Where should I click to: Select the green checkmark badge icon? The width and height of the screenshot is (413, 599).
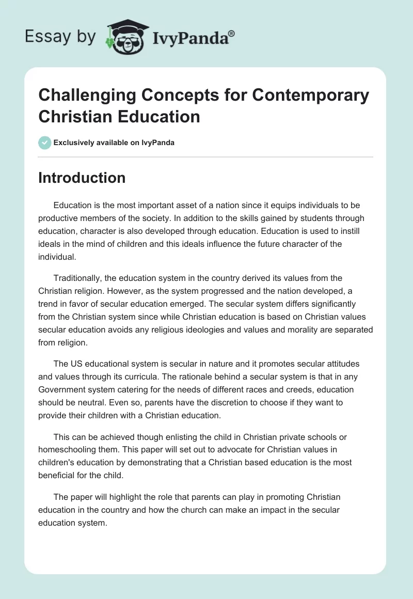pyautogui.click(x=45, y=143)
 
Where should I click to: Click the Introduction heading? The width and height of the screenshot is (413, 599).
pyautogui.click(x=82, y=178)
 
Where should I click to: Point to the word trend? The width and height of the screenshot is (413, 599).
pyautogui.click(x=50, y=303)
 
